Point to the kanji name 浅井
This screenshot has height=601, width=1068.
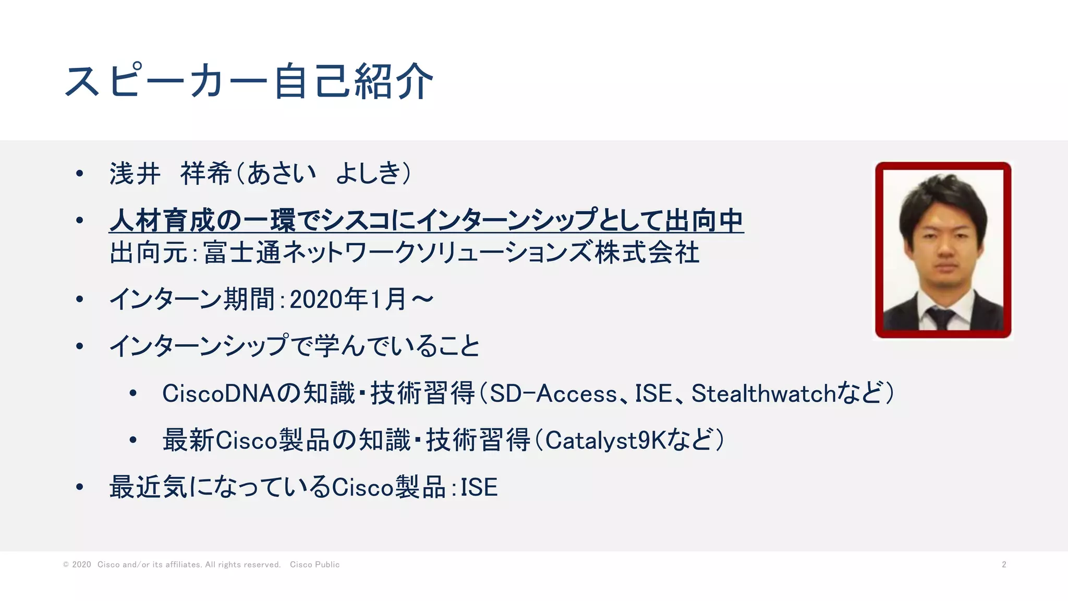[x=135, y=174]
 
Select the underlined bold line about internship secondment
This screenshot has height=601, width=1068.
[x=426, y=221]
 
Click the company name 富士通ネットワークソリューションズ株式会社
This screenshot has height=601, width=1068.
[x=451, y=253]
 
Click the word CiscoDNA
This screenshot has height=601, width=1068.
[x=219, y=393]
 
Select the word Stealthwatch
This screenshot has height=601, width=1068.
[x=763, y=393]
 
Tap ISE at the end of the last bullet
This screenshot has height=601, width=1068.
[x=479, y=487]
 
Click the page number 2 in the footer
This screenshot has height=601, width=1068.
[x=1004, y=564]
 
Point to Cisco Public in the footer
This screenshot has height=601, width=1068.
[x=314, y=564]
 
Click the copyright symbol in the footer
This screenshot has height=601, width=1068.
[x=66, y=564]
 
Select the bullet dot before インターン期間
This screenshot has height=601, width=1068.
[x=80, y=299]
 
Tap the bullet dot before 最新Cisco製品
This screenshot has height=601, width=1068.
[x=133, y=440]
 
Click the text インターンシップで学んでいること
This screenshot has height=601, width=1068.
[x=295, y=346]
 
